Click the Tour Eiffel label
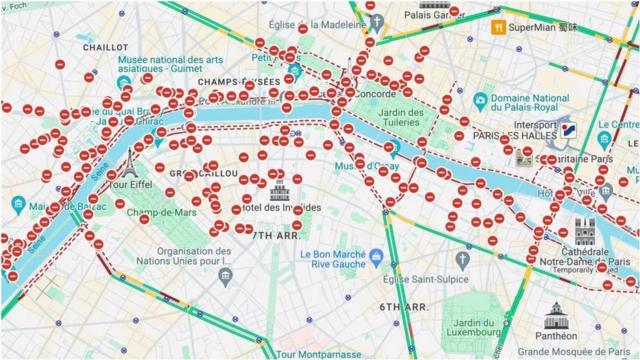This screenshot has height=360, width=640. pos(133,185)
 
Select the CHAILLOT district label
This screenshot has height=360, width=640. pos(104,47)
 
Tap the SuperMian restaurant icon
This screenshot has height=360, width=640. pos(498,27)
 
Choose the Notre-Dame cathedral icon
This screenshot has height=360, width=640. pos(584,228)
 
